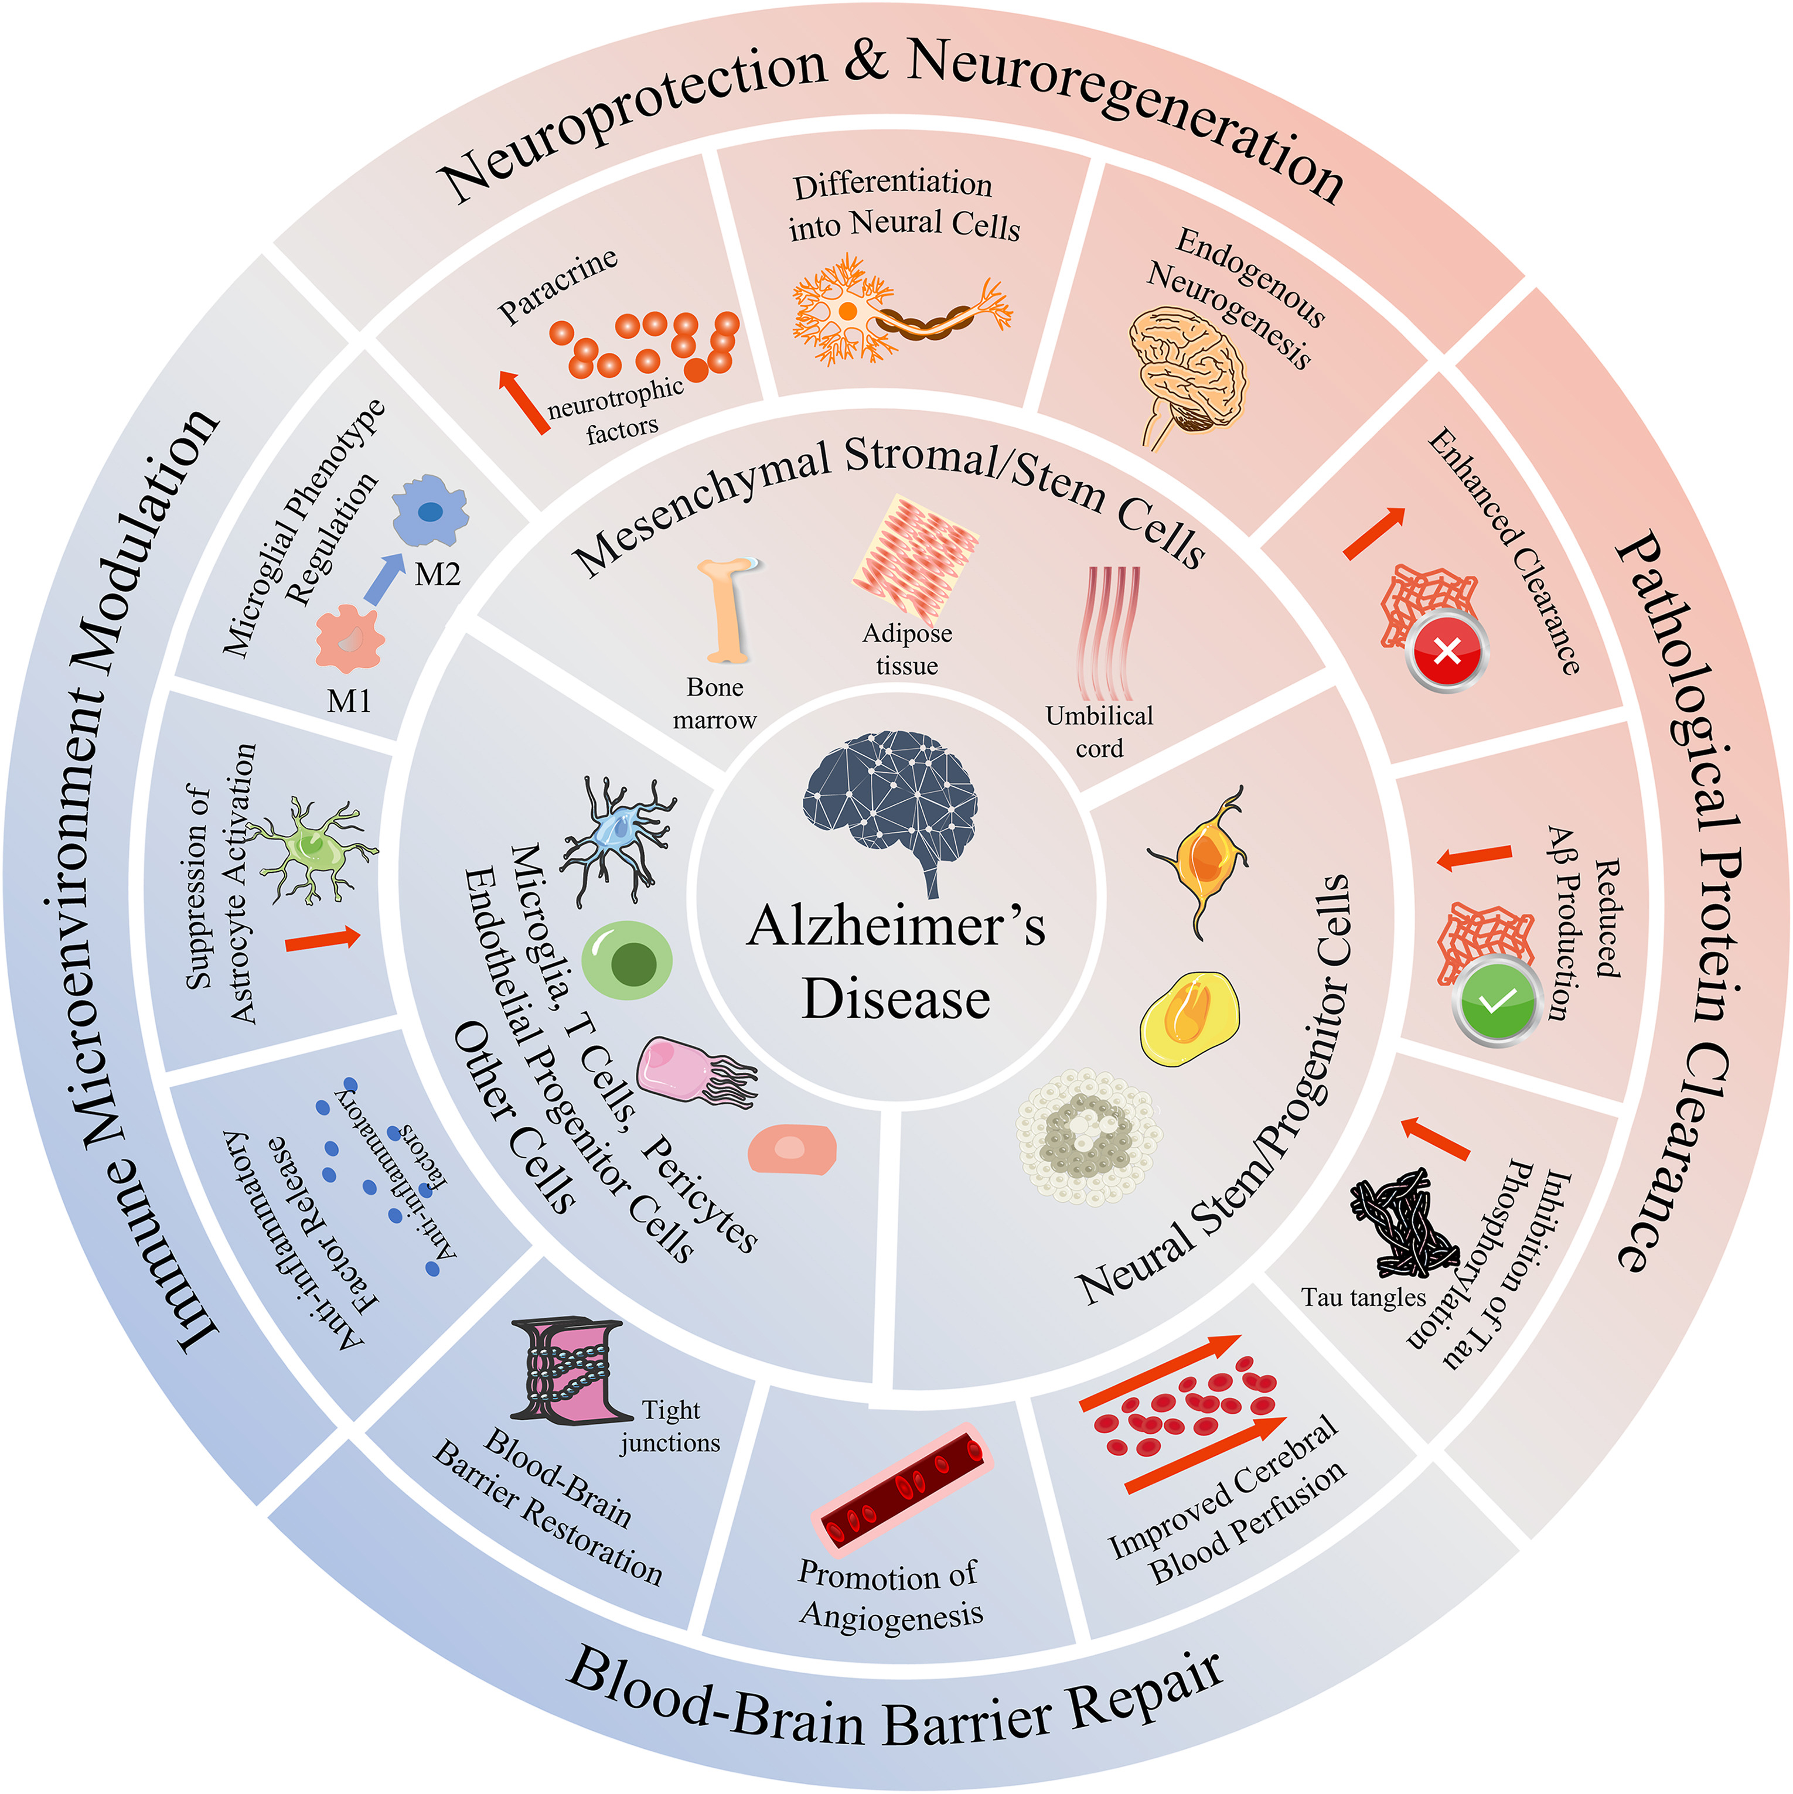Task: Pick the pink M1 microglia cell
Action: (x=349, y=639)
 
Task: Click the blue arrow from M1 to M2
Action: (x=383, y=578)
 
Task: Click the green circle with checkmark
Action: (x=1495, y=1002)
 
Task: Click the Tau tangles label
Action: (x=1362, y=1297)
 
